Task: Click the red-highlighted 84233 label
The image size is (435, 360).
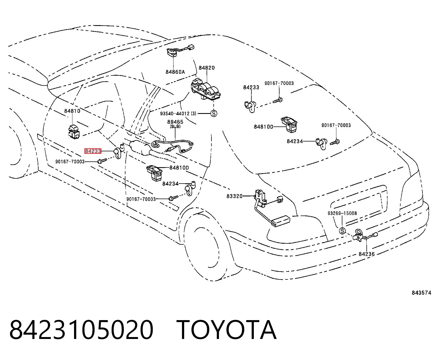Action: tap(93, 151)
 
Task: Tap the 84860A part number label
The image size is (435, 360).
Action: tap(175, 72)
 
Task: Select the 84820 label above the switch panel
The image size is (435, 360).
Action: tap(207, 68)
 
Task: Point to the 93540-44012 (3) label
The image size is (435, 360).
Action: tap(178, 114)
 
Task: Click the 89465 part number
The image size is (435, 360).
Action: tap(175, 122)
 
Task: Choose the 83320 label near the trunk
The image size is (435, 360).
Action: tap(234, 196)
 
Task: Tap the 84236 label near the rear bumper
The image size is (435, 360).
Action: tap(366, 254)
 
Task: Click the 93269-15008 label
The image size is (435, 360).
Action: tap(342, 213)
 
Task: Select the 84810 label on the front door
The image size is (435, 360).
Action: tap(72, 111)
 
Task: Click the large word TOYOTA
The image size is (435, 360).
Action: tap(227, 330)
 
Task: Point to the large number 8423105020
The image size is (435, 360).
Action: tap(81, 330)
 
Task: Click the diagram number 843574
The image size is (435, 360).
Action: tap(421, 293)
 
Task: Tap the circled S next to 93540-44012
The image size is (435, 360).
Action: tap(214, 113)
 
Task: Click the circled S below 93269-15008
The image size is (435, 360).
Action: tap(342, 231)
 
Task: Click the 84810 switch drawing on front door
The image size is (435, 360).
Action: tap(74, 132)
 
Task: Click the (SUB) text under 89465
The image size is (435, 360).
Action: tap(175, 126)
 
